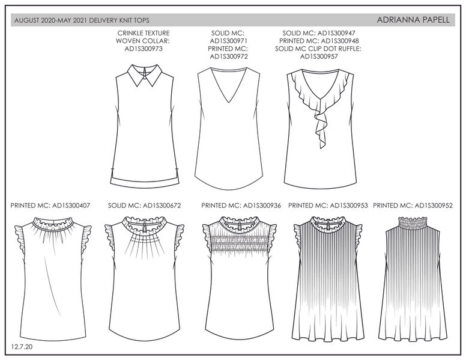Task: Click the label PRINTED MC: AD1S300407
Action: pyautogui.click(x=50, y=205)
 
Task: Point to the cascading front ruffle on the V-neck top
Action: pyautogui.click(x=316, y=114)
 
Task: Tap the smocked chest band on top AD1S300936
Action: pyautogui.click(x=239, y=245)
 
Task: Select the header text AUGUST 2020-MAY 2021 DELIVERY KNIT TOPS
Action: pyautogui.click(x=80, y=20)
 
